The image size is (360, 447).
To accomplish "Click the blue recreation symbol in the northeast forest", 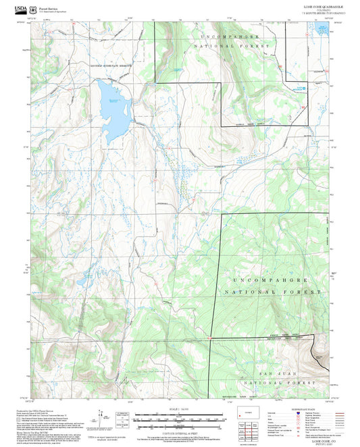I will [x=303, y=87].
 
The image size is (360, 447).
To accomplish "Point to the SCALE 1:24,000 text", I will [x=180, y=411].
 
